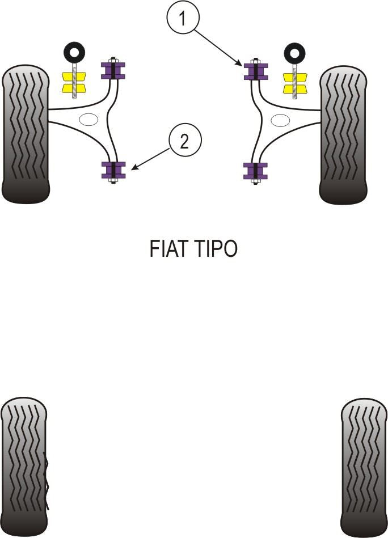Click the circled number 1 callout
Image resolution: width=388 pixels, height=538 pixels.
click(182, 19)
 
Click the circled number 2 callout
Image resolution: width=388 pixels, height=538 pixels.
click(184, 141)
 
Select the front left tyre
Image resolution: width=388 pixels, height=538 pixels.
click(26, 134)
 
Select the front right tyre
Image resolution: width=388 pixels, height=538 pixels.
click(344, 135)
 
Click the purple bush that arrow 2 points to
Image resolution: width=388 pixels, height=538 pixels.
click(113, 170)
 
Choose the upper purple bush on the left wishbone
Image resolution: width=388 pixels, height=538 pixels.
click(113, 70)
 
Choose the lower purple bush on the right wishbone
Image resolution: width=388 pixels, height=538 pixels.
click(255, 171)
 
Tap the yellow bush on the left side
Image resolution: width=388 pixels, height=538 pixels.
click(73, 83)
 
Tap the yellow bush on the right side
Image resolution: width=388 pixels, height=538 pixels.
click(295, 83)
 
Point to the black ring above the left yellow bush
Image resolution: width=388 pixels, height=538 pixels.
click(73, 53)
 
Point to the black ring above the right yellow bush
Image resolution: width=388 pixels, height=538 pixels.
click(294, 53)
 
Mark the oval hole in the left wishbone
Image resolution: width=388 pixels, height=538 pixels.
click(88, 120)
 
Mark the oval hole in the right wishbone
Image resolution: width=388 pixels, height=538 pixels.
click(280, 120)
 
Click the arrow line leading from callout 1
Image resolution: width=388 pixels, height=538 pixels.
click(218, 45)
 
